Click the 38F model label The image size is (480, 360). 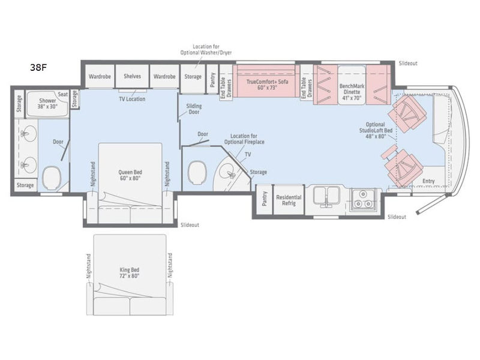[38, 67]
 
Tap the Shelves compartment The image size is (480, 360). [132, 76]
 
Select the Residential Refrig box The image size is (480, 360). [289, 200]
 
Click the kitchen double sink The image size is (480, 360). [327, 196]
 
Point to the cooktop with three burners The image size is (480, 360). [363, 199]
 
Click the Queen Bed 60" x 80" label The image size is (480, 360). [130, 175]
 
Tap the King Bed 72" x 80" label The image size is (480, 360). [130, 273]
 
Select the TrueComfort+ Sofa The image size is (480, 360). [266, 81]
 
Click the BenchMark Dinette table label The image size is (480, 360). [352, 92]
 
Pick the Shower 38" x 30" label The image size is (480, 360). [47, 103]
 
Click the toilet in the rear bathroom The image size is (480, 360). [52, 178]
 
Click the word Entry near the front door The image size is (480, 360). [428, 181]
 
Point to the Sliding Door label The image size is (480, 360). [194, 109]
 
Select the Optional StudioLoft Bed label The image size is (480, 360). [376, 130]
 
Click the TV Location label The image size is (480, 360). [132, 99]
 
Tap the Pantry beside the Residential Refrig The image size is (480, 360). [265, 199]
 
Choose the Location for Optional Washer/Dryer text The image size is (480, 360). [206, 50]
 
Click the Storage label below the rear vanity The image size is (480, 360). [25, 185]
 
